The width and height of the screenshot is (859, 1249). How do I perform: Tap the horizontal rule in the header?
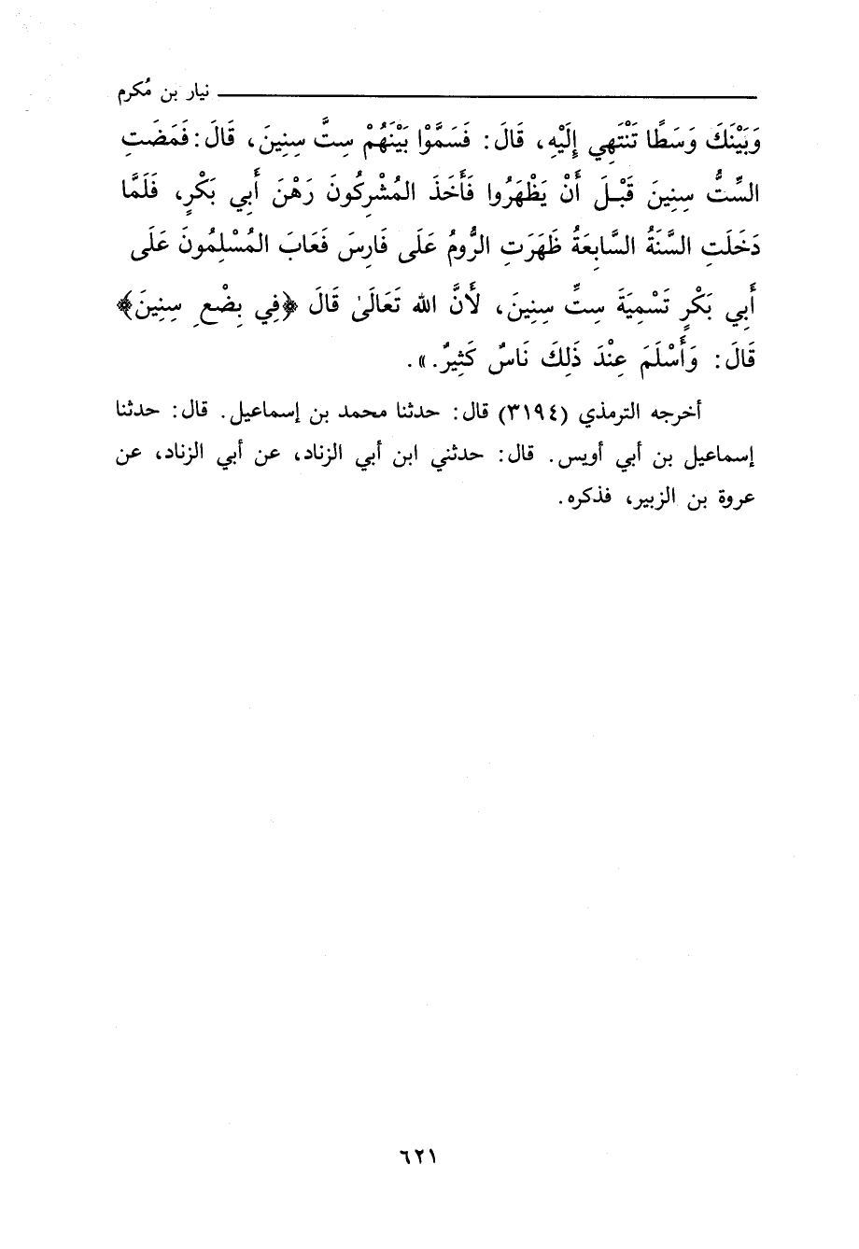(x=486, y=97)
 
